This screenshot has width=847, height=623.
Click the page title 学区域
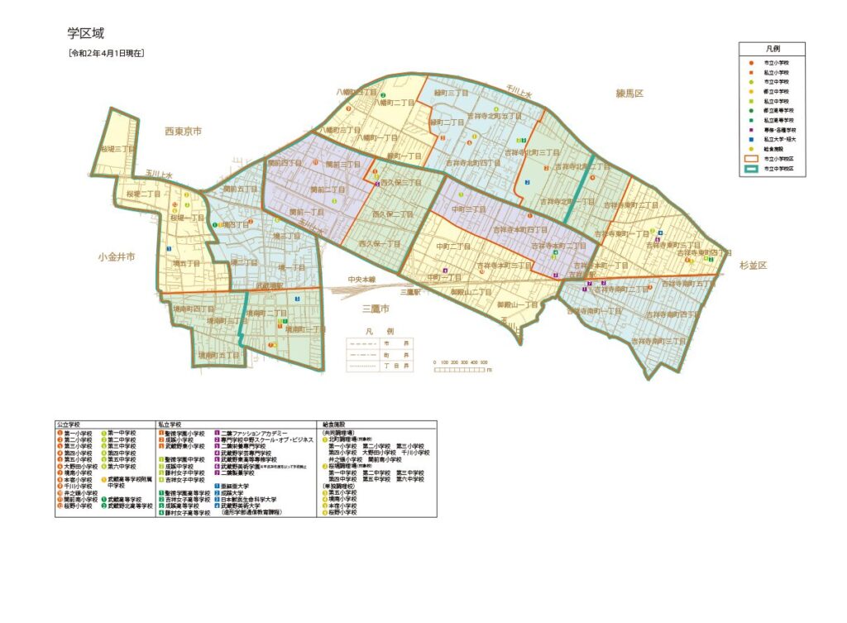click(85, 34)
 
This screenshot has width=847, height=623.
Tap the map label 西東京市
click(184, 131)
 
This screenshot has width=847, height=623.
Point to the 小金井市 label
click(115, 256)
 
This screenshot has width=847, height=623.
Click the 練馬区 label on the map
click(629, 93)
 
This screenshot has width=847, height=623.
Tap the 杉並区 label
click(754, 266)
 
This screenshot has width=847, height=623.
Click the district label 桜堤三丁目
click(117, 150)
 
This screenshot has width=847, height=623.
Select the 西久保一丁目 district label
click(380, 244)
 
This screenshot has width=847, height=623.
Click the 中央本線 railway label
click(361, 280)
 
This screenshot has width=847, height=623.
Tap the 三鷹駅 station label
click(411, 292)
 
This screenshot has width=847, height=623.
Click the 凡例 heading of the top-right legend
click(771, 50)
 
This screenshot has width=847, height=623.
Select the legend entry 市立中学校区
click(777, 168)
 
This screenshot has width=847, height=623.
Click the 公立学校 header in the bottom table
click(69, 424)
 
